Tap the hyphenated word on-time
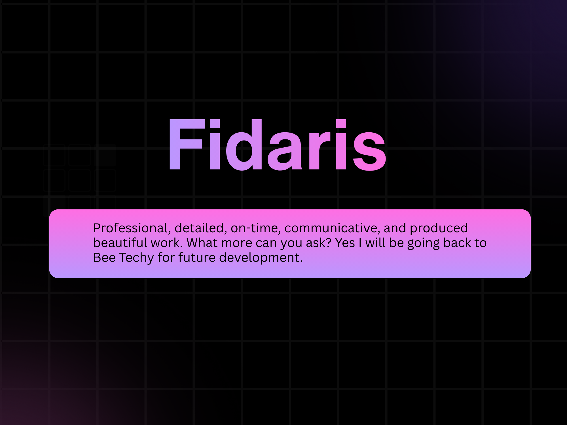point(255,228)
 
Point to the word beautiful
point(120,243)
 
